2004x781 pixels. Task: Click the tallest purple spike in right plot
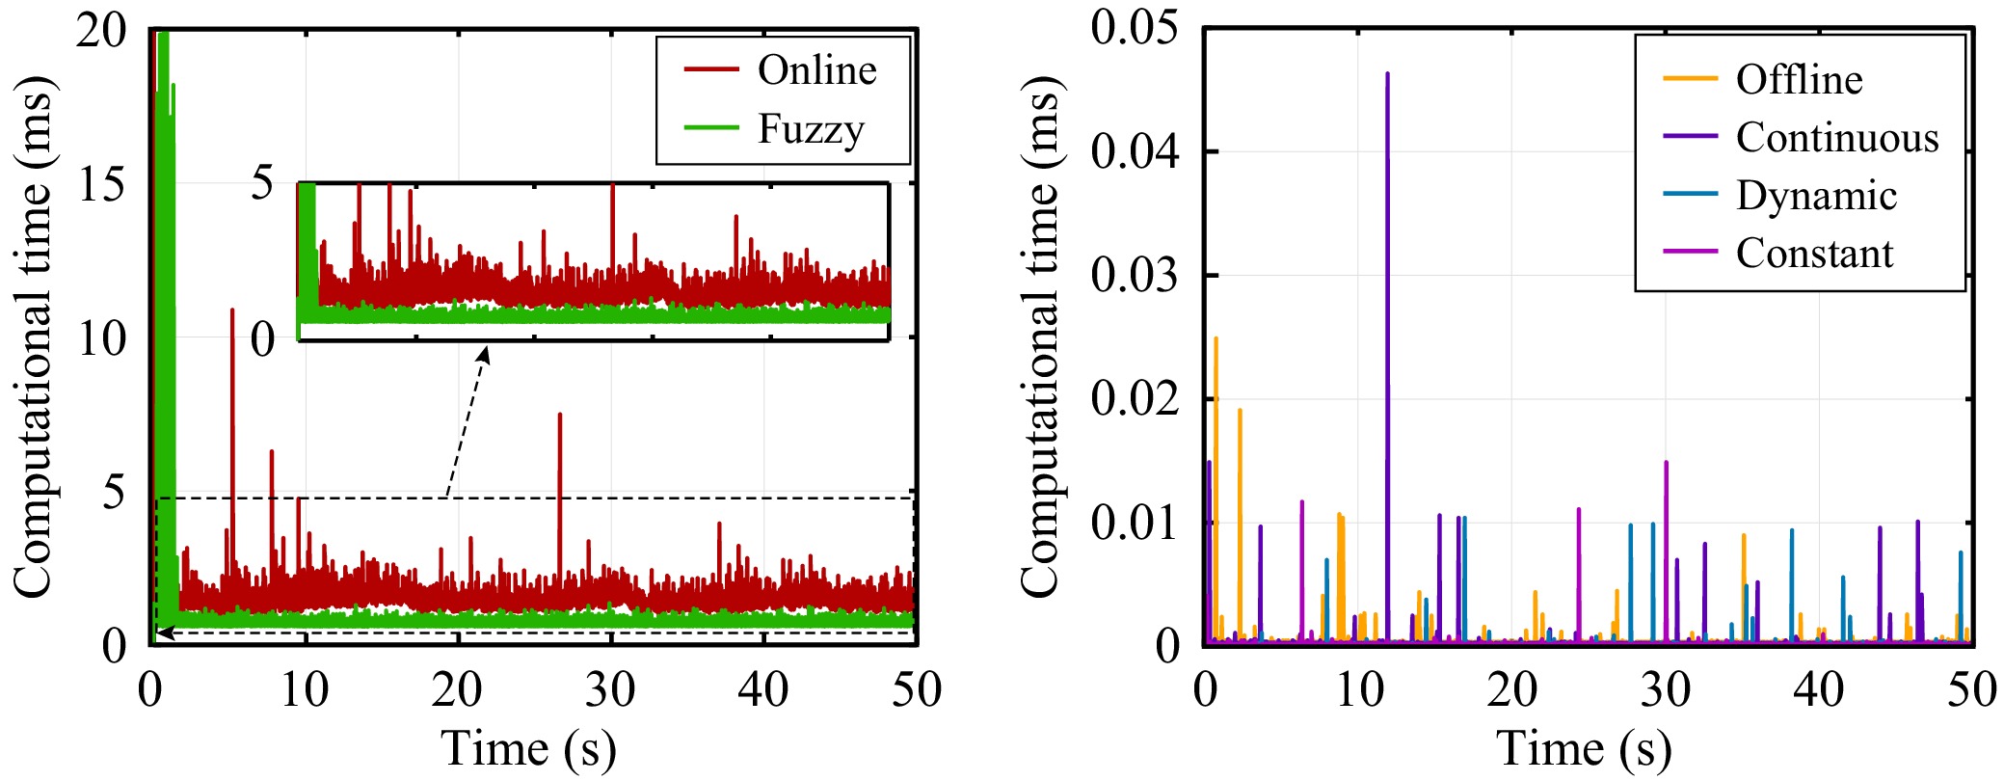pyautogui.click(x=1387, y=75)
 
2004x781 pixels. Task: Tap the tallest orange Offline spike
pyautogui.click(x=1216, y=339)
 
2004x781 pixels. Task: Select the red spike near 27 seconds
pyautogui.click(x=560, y=417)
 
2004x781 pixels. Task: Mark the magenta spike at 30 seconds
pyautogui.click(x=1666, y=465)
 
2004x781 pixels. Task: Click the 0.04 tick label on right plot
pyautogui.click(x=1135, y=152)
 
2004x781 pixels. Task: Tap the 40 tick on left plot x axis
pyautogui.click(x=762, y=690)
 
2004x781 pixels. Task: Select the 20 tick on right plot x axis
pyautogui.click(x=1511, y=690)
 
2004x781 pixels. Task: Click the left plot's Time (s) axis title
pyautogui.click(x=528, y=749)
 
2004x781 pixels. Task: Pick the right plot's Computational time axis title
pyautogui.click(x=1041, y=337)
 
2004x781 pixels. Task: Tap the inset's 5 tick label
pyautogui.click(x=262, y=183)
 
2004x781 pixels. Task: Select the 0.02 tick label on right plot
pyautogui.click(x=1135, y=399)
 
